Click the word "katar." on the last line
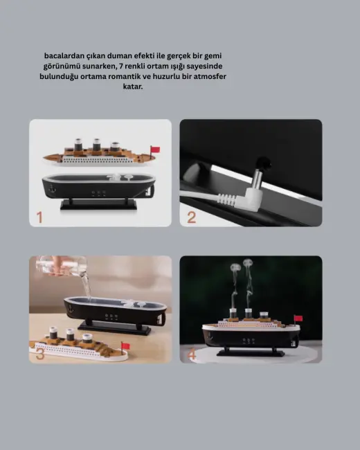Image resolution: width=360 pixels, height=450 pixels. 133,87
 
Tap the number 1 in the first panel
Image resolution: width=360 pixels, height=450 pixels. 39,217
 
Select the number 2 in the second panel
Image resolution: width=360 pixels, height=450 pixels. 192,217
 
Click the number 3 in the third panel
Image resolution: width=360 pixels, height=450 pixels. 40,354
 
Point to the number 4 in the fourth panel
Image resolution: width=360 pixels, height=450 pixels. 192,354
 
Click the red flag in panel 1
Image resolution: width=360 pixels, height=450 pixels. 155,148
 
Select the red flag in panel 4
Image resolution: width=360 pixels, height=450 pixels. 298,318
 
